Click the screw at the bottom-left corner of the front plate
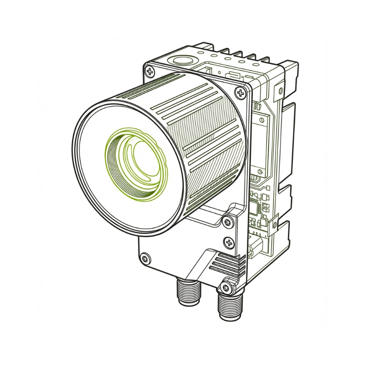tap(146, 259)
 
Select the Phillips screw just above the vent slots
tap(228, 242)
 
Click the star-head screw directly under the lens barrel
tap(228, 222)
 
